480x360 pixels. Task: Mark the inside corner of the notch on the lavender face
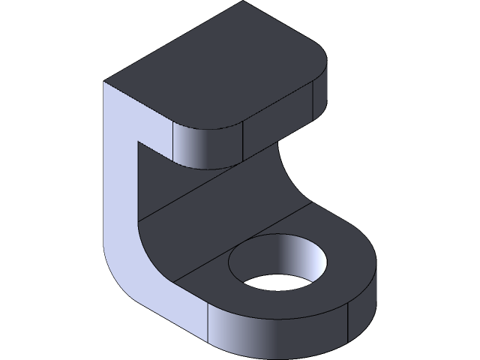pos(136,140)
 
